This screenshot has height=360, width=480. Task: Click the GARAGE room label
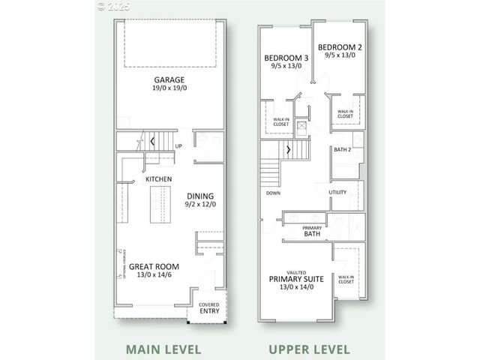(x=169, y=79)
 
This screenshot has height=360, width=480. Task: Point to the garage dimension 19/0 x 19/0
(x=169, y=89)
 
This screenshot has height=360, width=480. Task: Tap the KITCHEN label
(x=159, y=179)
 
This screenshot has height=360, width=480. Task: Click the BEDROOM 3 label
(x=285, y=58)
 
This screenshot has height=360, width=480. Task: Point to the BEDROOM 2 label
(x=338, y=46)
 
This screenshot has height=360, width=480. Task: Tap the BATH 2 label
(x=343, y=149)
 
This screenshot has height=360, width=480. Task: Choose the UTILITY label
(x=337, y=193)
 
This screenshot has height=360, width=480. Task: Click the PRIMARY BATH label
(x=312, y=231)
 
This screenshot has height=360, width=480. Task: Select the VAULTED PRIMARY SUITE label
(x=296, y=278)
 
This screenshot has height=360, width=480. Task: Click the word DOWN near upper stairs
(x=272, y=193)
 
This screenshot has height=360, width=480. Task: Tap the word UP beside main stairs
(x=178, y=146)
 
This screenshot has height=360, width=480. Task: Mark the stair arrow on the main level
(x=153, y=140)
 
